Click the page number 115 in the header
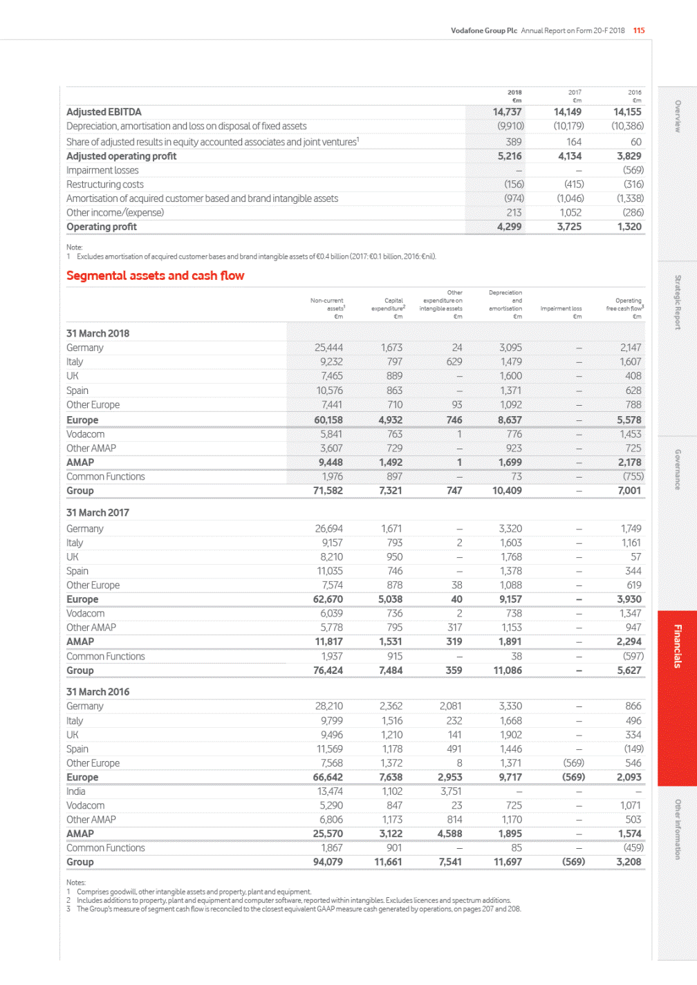[639, 30]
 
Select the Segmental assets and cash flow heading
[155, 276]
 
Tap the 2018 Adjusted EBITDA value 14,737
[507, 112]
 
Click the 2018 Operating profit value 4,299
[509, 227]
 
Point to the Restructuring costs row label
[105, 185]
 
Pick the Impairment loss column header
[561, 309]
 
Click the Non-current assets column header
[327, 305]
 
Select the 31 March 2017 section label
[97, 513]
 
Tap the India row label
[76, 791]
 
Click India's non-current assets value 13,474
[330, 791]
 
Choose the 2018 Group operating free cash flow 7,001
[629, 491]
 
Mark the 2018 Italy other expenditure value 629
[454, 362]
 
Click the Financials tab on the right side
[678, 646]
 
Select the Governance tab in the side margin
[678, 469]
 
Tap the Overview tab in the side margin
[678, 116]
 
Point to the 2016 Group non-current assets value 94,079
[328, 862]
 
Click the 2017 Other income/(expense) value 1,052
[570, 213]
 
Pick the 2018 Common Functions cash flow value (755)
[633, 476]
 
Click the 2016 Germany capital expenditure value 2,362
[391, 706]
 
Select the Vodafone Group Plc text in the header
[484, 30]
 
